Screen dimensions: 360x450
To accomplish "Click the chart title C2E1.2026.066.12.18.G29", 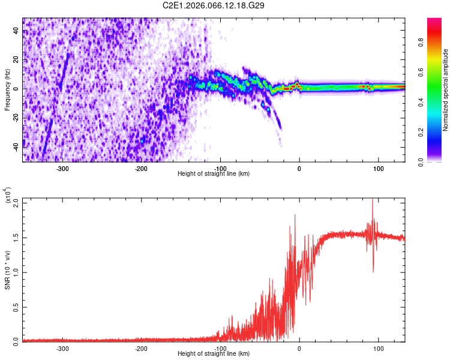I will (214, 5).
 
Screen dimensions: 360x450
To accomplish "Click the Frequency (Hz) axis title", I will (7, 89).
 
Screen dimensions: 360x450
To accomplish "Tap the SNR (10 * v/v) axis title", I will (7, 270).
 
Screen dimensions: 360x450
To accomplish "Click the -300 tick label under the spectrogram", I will (62, 169).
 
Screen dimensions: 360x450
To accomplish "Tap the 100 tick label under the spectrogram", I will (379, 169).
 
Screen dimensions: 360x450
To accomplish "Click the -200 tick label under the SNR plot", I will (141, 348).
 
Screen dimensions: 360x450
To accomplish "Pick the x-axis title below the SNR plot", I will (214, 354).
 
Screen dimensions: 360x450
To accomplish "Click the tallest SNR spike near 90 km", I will (373, 200).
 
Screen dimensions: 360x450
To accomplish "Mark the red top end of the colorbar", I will (435, 21).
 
